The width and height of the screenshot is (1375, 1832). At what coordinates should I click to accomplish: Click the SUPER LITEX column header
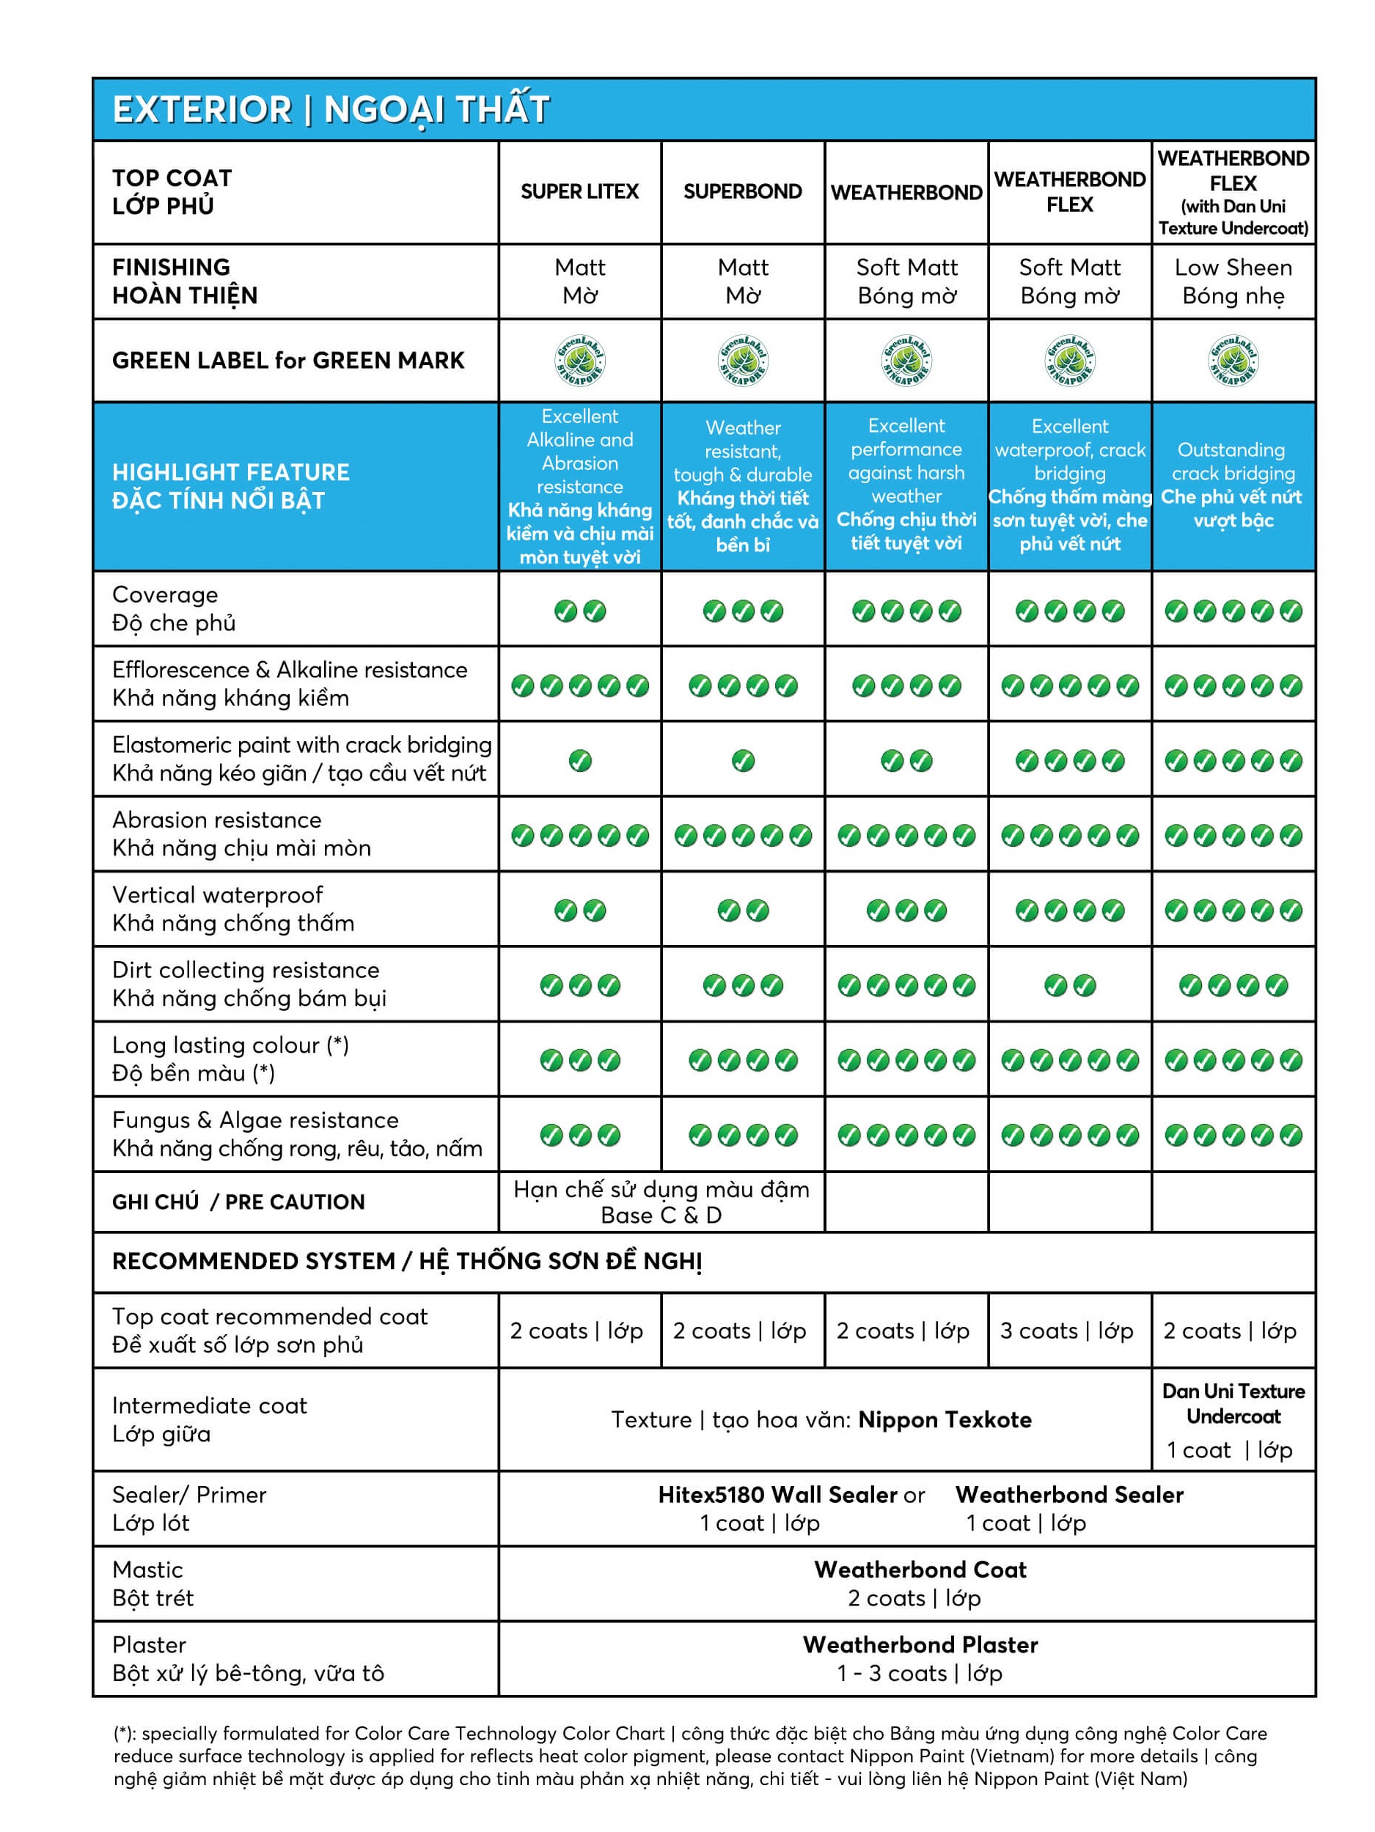click(x=579, y=191)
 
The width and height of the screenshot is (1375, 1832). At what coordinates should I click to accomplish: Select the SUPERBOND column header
click(x=742, y=191)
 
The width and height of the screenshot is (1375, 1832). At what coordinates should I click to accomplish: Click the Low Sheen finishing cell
click(x=1233, y=281)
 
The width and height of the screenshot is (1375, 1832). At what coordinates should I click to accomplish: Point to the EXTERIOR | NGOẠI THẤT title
click(x=331, y=109)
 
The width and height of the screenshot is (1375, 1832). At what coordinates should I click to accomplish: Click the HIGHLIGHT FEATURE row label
click(x=231, y=486)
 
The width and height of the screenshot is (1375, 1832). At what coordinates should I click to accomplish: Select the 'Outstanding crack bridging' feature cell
click(x=1232, y=485)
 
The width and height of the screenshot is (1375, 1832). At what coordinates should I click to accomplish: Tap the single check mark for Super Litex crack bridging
click(x=580, y=760)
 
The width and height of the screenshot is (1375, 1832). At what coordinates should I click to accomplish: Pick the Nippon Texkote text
click(x=945, y=1419)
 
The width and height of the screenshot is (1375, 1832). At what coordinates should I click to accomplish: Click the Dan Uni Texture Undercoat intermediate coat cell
click(x=1233, y=1419)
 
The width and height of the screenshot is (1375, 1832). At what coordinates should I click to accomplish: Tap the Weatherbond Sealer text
click(x=1069, y=1495)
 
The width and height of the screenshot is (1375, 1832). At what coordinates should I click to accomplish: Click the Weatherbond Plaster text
click(x=920, y=1645)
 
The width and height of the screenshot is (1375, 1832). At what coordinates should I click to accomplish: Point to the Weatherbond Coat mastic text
click(x=920, y=1570)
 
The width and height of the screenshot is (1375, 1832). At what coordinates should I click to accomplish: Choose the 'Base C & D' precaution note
click(x=661, y=1215)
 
